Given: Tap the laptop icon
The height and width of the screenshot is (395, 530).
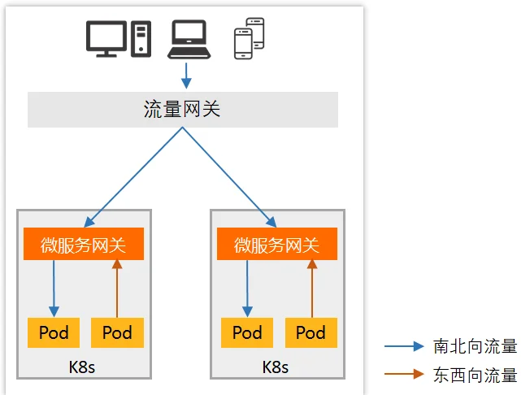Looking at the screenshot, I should (189, 40).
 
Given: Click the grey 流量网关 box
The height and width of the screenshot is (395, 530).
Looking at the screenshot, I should (182, 109).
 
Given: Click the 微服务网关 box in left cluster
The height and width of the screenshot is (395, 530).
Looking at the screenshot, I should (84, 245).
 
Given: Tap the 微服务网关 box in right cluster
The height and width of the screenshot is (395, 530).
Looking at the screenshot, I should (277, 245).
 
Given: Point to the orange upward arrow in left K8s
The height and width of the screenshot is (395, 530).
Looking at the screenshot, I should (117, 288).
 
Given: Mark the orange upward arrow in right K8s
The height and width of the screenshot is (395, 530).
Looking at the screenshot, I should (311, 288).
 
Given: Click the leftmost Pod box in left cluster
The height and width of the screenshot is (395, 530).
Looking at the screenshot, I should (54, 332).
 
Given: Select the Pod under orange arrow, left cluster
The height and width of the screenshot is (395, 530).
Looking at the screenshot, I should (117, 332).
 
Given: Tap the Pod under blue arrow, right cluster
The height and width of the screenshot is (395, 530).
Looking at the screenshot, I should (247, 332).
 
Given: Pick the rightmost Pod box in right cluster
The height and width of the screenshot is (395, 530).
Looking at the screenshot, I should (311, 332).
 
